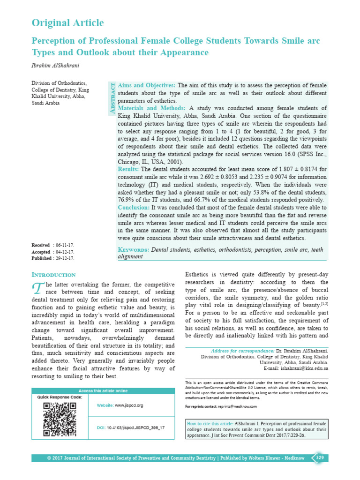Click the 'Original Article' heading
67,22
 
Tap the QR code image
60,419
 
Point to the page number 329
320,457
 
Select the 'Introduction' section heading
53,275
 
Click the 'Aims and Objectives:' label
147,85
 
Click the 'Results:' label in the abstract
128,169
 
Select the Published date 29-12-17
64,258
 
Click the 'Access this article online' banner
103,391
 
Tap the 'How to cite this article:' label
213,422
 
